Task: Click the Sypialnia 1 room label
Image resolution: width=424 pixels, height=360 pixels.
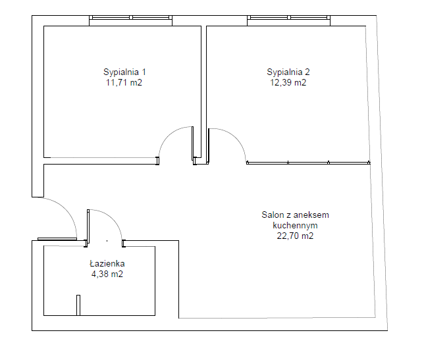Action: click(x=124, y=72)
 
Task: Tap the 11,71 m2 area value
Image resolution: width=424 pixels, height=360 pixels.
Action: click(x=124, y=82)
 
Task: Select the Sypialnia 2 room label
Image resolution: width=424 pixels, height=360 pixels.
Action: click(x=288, y=72)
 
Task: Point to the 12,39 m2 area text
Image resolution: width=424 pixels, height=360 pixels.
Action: click(x=288, y=82)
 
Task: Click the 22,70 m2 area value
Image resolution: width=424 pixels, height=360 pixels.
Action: click(x=295, y=236)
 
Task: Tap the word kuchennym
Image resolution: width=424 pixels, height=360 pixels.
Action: click(x=295, y=225)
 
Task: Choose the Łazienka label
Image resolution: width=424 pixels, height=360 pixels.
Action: click(x=107, y=263)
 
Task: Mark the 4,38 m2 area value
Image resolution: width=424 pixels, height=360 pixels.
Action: click(x=107, y=274)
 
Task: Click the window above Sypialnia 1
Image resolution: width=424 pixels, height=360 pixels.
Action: click(x=130, y=18)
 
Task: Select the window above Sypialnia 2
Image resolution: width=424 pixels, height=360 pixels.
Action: click(x=288, y=18)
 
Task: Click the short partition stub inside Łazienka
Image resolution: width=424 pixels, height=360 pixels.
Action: click(x=78, y=305)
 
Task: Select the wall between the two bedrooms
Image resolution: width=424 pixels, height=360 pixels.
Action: click(x=203, y=92)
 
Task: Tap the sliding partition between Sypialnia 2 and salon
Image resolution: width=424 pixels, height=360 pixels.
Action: click(x=308, y=163)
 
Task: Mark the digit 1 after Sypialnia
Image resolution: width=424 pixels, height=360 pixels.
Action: click(x=144, y=72)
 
